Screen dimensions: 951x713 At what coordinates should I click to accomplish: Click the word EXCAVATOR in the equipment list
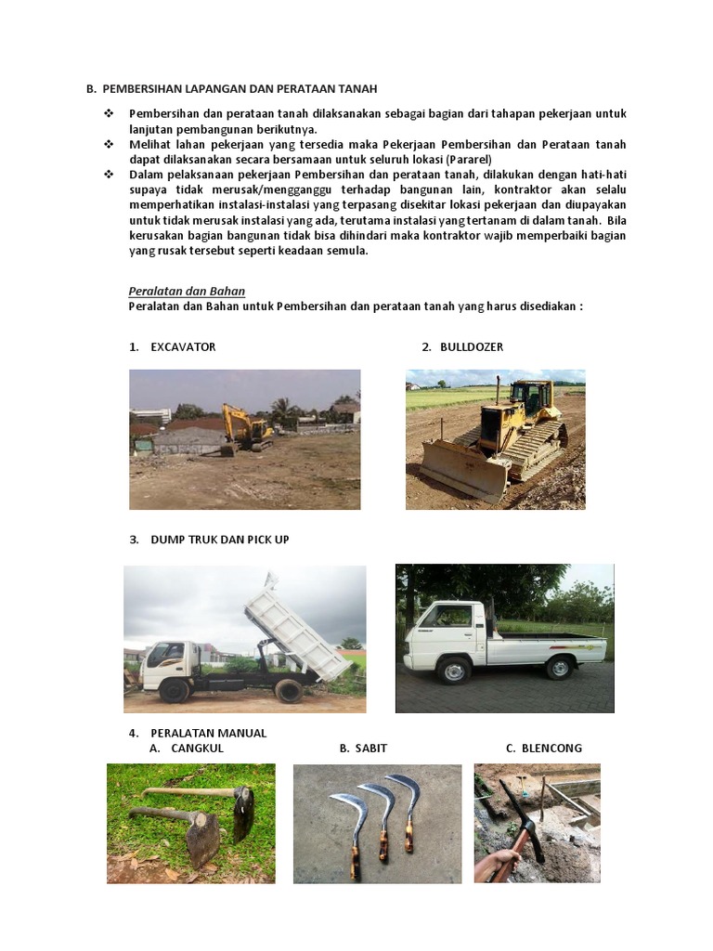(x=183, y=346)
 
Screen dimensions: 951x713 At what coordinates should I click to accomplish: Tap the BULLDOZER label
(x=472, y=346)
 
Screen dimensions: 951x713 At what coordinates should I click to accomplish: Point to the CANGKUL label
(x=197, y=748)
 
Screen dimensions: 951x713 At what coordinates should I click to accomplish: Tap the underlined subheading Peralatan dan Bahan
(x=187, y=291)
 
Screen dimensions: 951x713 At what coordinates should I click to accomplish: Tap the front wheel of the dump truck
(x=174, y=690)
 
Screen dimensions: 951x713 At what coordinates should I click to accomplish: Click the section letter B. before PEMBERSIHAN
(x=91, y=89)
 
